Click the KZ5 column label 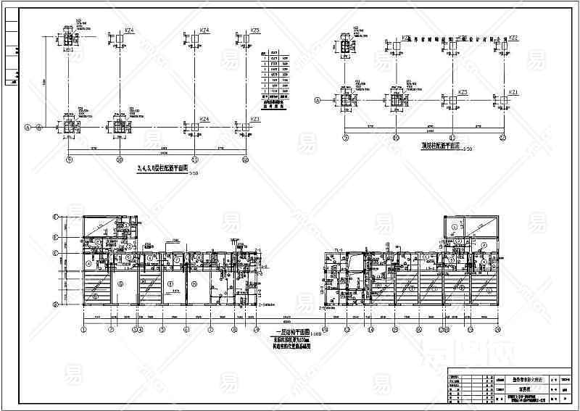coord(254,31)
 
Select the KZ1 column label coord(513,92)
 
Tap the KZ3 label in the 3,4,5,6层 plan coord(254,120)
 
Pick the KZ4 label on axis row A coord(204,119)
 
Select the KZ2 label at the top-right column coord(513,38)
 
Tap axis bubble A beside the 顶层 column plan coord(316,101)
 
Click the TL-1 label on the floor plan coord(338,249)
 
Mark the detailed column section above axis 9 coord(70,39)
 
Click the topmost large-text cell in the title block coord(518,379)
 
